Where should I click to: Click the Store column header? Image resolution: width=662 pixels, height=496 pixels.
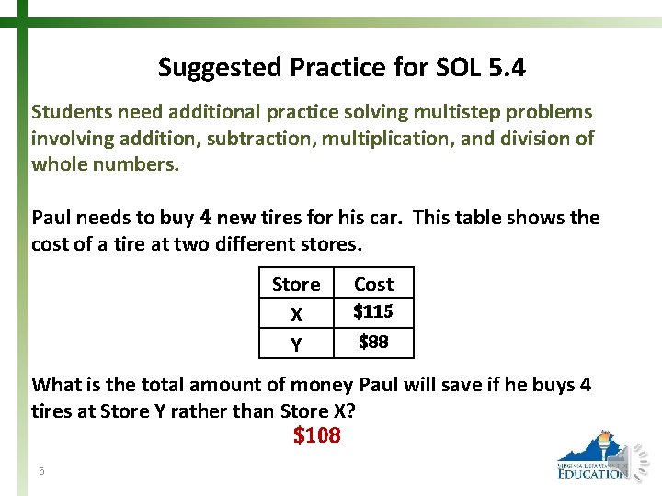coord(296,285)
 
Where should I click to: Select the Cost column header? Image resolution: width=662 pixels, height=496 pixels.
coord(373,285)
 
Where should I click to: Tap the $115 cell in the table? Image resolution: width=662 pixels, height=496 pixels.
coord(373,312)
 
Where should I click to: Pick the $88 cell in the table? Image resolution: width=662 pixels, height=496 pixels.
coord(373,343)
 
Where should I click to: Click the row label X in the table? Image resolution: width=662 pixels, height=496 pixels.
coord(296,314)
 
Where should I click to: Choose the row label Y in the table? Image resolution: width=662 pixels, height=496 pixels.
coord(296,344)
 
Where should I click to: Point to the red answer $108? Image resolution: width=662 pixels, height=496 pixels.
coord(317,435)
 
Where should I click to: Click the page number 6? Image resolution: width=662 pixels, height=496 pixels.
coord(42,471)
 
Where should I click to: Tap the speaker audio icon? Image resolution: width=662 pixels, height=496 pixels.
coord(637,457)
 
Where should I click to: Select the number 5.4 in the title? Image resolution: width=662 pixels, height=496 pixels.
coord(506,68)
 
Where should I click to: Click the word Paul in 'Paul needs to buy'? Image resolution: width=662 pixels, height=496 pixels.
coord(51,218)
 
